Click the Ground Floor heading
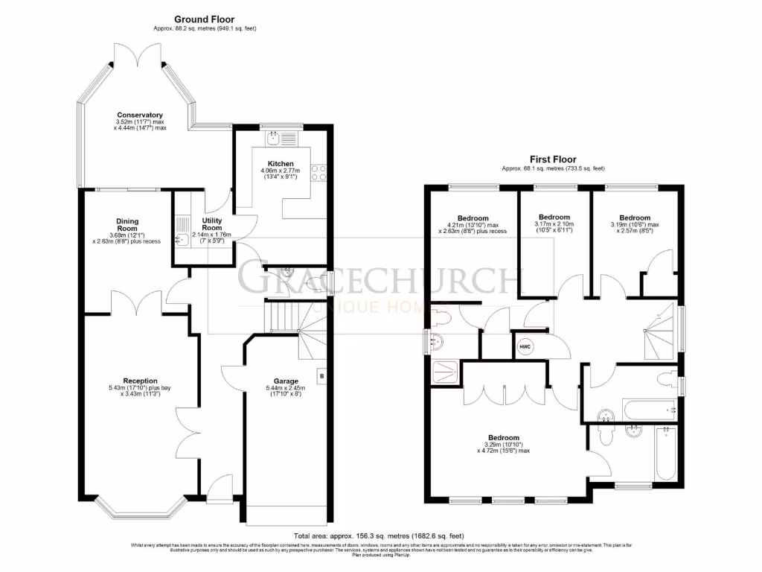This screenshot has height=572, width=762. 204,19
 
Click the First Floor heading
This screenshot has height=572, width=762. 552,159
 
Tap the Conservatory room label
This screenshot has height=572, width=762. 139,115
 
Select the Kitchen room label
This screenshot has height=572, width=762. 281,164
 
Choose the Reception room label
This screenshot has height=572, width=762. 140,381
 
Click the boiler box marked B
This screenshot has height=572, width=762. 321,377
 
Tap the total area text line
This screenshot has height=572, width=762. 379,536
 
